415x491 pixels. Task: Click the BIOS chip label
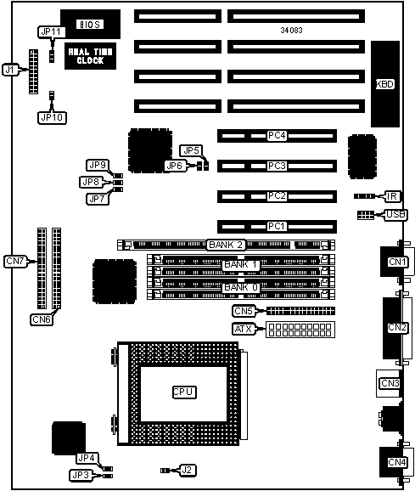[90, 25]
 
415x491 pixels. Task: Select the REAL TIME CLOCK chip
[90, 56]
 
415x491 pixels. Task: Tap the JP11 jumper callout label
[52, 32]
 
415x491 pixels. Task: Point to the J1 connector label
[9, 70]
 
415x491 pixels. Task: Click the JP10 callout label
[52, 118]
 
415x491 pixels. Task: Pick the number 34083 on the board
[291, 30]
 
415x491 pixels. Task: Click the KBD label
[385, 84]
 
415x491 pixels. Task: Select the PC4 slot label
[277, 136]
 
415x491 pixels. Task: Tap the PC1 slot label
[277, 226]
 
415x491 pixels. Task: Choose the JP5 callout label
[191, 150]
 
